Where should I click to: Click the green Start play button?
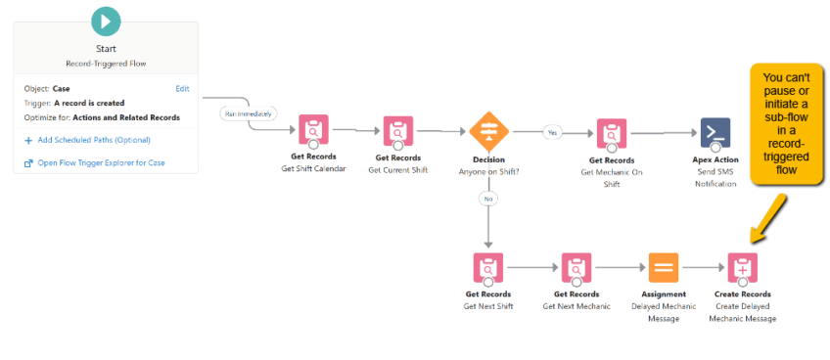pos(105,20)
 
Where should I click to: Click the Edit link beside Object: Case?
pos(182,88)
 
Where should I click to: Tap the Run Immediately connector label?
pos(250,113)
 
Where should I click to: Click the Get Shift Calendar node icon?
pos(313,130)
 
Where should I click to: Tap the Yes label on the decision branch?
pos(551,130)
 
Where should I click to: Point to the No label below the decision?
pos(486,199)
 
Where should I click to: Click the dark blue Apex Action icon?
pos(715,130)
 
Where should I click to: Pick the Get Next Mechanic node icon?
pos(576,266)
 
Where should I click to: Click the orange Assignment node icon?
pos(662,266)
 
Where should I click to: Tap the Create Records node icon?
pos(742,266)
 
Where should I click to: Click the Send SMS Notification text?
pos(715,177)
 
